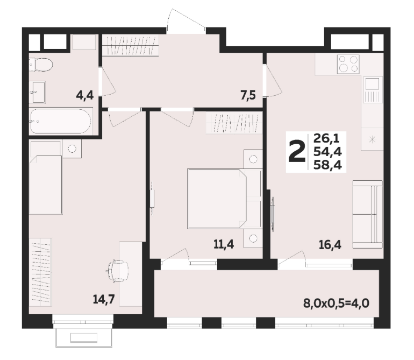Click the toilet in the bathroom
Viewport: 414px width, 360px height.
pyautogui.click(x=41, y=65)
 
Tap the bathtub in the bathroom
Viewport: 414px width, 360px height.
pyautogui.click(x=61, y=121)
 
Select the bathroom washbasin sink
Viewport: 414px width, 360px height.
pyautogui.click(x=39, y=92)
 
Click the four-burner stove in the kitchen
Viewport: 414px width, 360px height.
pyautogui.click(x=348, y=64)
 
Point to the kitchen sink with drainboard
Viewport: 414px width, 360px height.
pyautogui.click(x=373, y=90)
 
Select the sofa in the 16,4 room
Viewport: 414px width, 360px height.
pyautogui.click(x=367, y=214)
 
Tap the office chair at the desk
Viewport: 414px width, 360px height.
pyautogui.click(x=118, y=271)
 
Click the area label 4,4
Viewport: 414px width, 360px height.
pyautogui.click(x=85, y=95)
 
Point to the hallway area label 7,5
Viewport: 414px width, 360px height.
pyautogui.click(x=248, y=95)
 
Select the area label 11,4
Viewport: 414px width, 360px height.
pyautogui.click(x=224, y=244)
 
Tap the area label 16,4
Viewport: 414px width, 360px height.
pyautogui.click(x=330, y=245)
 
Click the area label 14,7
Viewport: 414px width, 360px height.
pyautogui.click(x=104, y=299)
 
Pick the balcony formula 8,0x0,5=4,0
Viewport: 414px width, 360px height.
pyautogui.click(x=336, y=303)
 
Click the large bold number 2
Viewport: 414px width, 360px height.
pyautogui.click(x=297, y=152)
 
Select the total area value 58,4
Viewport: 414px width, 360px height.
pyautogui.click(x=327, y=165)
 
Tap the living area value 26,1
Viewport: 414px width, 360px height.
pyautogui.click(x=326, y=138)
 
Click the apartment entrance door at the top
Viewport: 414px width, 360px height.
pyautogui.click(x=186, y=21)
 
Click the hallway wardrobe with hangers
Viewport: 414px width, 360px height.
pyautogui.click(x=131, y=45)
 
